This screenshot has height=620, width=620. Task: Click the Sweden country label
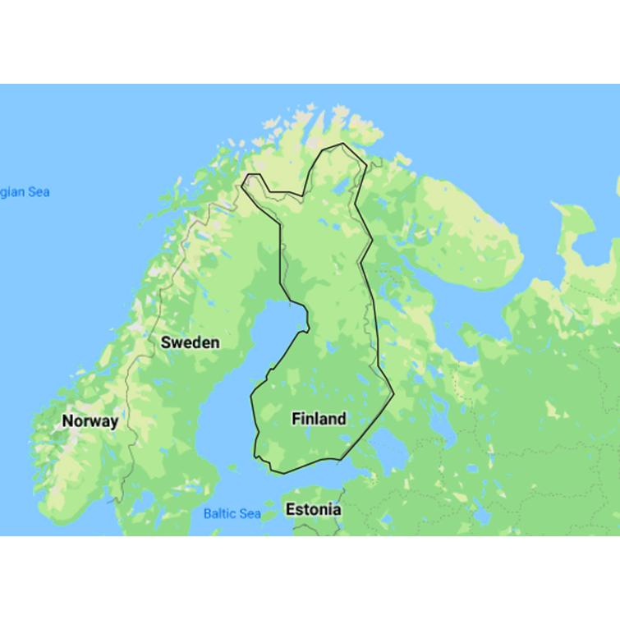190,342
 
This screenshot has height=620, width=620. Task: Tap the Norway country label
90,421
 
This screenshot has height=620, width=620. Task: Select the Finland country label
319,419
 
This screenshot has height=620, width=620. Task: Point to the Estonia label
313,510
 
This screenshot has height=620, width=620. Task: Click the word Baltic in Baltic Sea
219,514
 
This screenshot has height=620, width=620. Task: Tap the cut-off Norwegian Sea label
25,192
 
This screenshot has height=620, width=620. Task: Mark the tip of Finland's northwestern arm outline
247,176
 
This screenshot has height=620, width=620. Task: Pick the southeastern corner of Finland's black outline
393,394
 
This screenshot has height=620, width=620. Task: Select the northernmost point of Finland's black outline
342,145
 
